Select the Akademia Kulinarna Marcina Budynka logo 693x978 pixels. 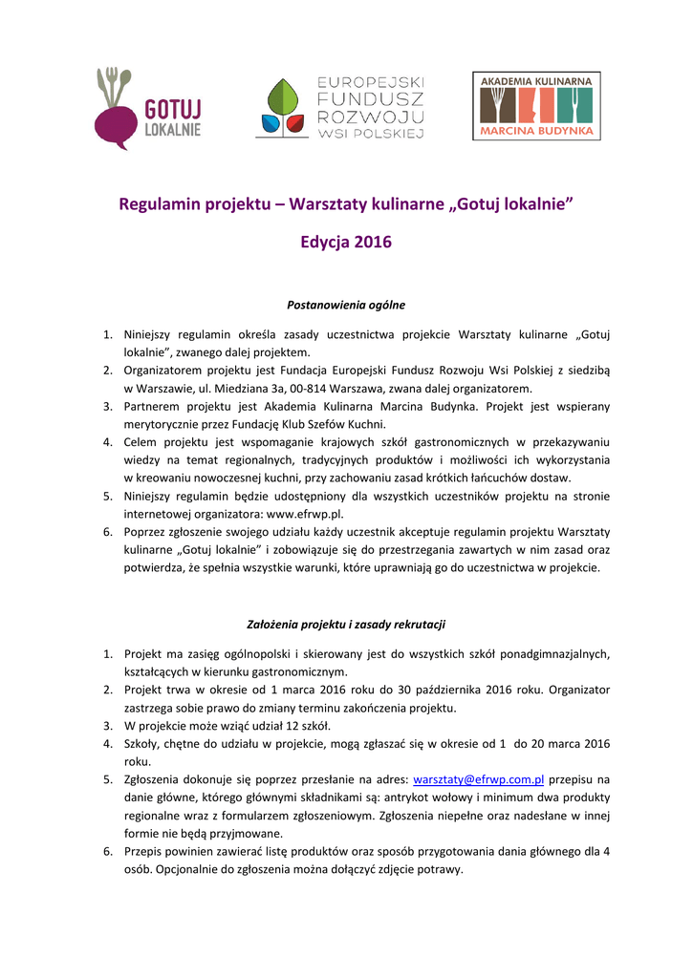[536, 106]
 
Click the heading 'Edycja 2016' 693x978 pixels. [346, 243]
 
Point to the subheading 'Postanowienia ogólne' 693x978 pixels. [346, 306]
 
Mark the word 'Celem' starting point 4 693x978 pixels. [141, 442]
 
